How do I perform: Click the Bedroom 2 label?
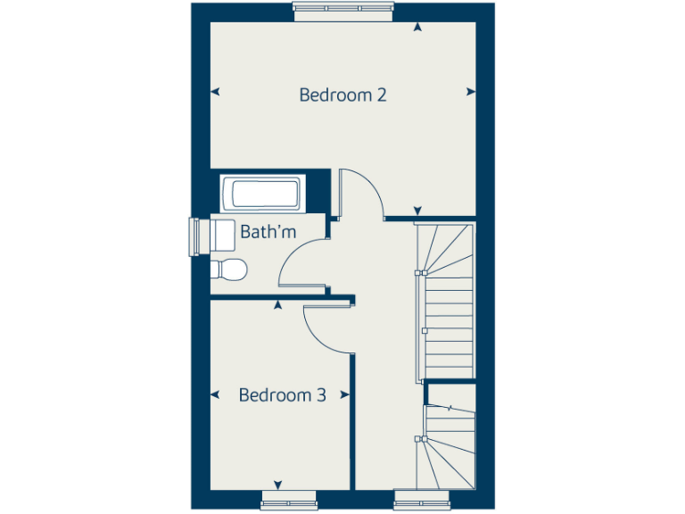(x=342, y=95)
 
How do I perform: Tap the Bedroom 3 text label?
(x=282, y=394)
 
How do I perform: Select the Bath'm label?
(x=268, y=233)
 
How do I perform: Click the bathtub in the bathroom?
(x=260, y=194)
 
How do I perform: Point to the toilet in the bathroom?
(x=230, y=269)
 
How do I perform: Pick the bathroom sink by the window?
(x=221, y=236)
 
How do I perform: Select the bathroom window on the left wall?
(x=194, y=236)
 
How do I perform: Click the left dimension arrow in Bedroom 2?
(x=215, y=91)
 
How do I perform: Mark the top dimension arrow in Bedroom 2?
(x=417, y=28)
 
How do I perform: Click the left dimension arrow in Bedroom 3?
(x=215, y=393)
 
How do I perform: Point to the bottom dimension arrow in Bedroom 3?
(x=277, y=484)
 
